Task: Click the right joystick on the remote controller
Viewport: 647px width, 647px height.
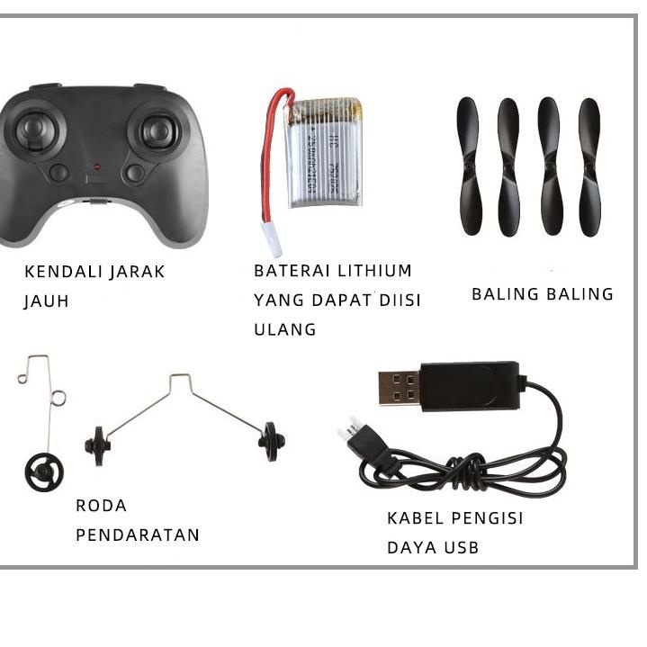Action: click(158, 131)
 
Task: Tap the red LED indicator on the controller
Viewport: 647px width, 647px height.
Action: click(96, 167)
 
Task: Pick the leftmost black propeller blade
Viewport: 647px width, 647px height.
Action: click(469, 166)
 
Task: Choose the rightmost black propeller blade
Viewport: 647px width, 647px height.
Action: click(589, 166)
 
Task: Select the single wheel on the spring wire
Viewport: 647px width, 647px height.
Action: click(43, 471)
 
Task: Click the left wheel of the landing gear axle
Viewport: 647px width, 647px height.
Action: click(96, 444)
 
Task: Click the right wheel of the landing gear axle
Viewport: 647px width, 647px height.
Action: click(271, 441)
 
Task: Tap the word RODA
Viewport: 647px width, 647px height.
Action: click(101, 506)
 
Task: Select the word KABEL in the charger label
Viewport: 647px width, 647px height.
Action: click(415, 518)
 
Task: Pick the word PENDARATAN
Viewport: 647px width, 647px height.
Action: click(138, 535)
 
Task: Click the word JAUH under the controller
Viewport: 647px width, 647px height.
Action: click(46, 301)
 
